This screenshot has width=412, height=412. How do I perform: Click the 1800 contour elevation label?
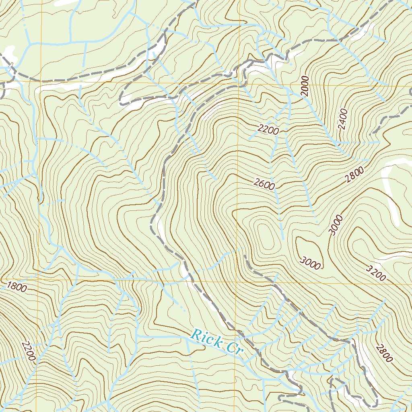(x=17, y=287)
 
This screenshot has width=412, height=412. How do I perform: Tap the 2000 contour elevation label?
(x=305, y=86)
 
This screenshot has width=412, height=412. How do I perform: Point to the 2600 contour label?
(x=264, y=184)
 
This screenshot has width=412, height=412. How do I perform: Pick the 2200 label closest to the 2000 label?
(x=269, y=129)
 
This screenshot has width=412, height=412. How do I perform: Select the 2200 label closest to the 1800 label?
(x=29, y=351)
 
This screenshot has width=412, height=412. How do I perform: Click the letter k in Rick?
(x=217, y=343)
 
